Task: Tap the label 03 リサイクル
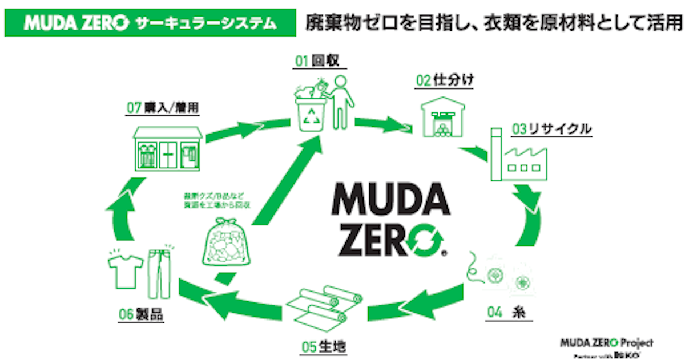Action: click(x=551, y=130)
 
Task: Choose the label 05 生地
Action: click(x=324, y=346)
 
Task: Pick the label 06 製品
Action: click(x=142, y=314)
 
